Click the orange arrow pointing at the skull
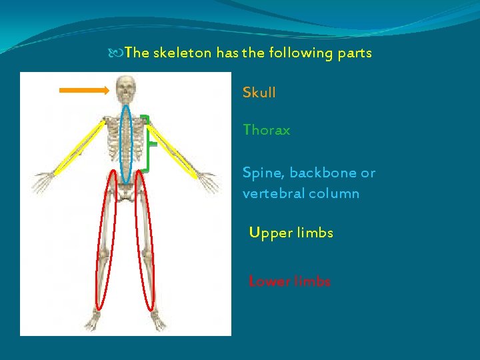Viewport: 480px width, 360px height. coord(83,90)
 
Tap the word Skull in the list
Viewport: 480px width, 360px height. coord(259,93)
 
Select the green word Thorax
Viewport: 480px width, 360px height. coord(266,130)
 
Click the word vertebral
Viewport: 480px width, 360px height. coord(273,194)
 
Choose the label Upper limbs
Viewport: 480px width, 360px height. coord(291,233)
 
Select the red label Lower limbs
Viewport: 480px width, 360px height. coord(289,281)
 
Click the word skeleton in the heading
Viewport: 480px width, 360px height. coord(182,53)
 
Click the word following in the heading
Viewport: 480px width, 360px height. coord(299,53)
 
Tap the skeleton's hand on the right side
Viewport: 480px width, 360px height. coord(208,181)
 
